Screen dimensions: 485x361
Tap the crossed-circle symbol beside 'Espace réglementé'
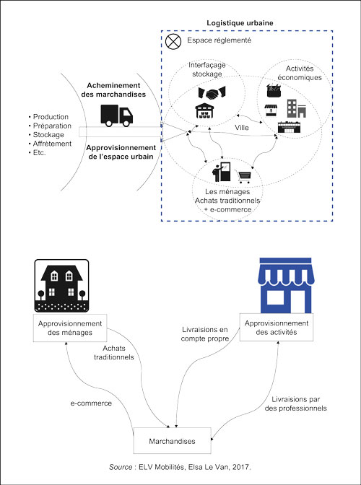[173, 42]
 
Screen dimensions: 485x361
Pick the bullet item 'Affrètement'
[52, 144]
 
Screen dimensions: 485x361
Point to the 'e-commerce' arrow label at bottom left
[91, 403]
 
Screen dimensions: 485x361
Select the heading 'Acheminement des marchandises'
[117, 89]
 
